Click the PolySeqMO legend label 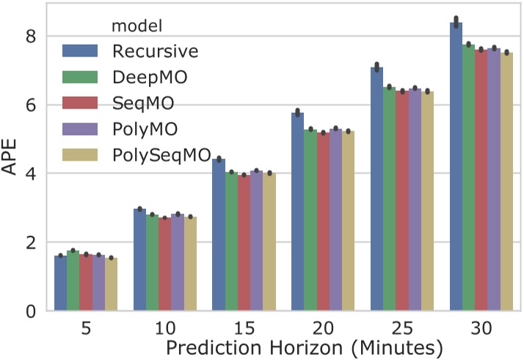tap(159, 155)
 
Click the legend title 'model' tap(137, 26)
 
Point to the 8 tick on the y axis tap(31, 36)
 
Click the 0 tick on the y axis tap(31, 311)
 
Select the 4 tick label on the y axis tap(31, 174)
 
